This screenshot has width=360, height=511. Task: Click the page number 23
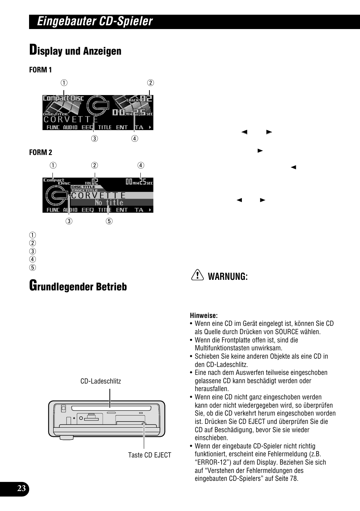(x=22, y=489)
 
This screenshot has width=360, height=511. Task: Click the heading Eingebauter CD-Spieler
(x=95, y=21)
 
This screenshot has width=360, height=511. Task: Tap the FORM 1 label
(x=40, y=70)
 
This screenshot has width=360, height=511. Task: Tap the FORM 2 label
(x=40, y=152)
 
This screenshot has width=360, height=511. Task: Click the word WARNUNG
(x=228, y=277)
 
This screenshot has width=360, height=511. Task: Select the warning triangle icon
(x=197, y=276)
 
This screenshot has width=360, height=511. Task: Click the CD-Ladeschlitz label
(x=101, y=381)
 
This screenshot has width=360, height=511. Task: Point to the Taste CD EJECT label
(x=149, y=455)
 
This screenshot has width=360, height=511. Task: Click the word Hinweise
(x=204, y=316)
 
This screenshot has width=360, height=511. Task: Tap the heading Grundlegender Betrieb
(x=78, y=286)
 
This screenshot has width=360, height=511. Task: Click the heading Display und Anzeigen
(x=75, y=51)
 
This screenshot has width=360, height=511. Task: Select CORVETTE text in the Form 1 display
(x=71, y=120)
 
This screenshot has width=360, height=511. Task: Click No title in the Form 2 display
(x=109, y=203)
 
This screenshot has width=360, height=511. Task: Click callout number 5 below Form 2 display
(x=109, y=221)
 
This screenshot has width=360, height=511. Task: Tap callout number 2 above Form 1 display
(x=150, y=83)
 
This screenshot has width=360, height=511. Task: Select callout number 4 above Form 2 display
(x=140, y=165)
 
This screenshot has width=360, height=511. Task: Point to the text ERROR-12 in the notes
(x=211, y=462)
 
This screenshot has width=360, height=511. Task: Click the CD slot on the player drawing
(x=110, y=408)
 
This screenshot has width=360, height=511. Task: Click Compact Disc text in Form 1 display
(x=63, y=98)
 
